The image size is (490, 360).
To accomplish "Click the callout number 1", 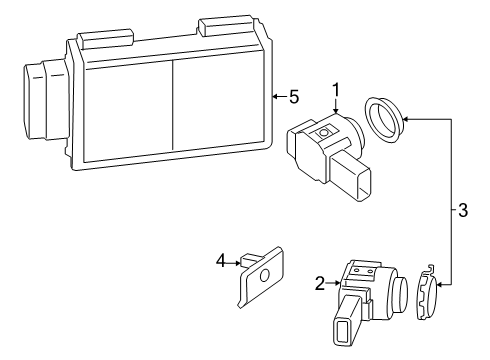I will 336,87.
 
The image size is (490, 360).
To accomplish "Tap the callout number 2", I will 320,284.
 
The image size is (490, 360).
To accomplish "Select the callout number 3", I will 462,211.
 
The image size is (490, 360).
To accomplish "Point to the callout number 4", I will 221,262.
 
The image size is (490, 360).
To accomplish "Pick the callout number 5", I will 293,97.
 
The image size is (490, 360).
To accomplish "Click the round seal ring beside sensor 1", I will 383,116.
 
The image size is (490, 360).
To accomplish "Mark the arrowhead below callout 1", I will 336,107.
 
